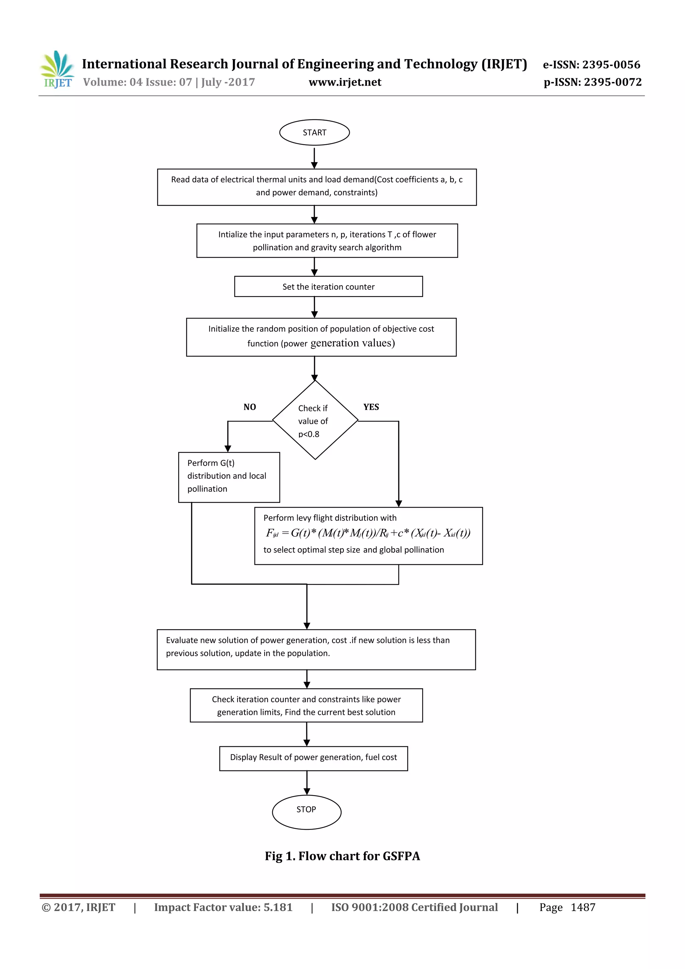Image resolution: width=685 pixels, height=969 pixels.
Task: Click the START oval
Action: [x=314, y=132]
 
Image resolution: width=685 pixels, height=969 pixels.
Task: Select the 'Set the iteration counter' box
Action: [x=328, y=287]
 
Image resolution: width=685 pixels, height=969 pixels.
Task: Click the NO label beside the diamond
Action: [x=250, y=407]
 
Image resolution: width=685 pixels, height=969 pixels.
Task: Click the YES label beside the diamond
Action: [x=371, y=407]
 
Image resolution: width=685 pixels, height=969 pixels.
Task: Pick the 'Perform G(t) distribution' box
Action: [x=229, y=477]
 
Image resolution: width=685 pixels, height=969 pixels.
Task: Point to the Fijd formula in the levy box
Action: [x=368, y=533]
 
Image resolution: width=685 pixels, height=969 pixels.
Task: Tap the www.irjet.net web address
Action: [x=345, y=82]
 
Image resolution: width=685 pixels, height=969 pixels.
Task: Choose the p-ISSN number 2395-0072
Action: [x=612, y=82]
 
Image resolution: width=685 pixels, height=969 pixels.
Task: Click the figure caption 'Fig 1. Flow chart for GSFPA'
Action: [x=342, y=856]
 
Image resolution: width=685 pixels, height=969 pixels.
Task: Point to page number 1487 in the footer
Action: [x=583, y=907]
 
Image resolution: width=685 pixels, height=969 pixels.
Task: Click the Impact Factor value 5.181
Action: [x=278, y=907]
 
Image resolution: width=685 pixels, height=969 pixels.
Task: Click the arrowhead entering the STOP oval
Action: [x=307, y=791]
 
